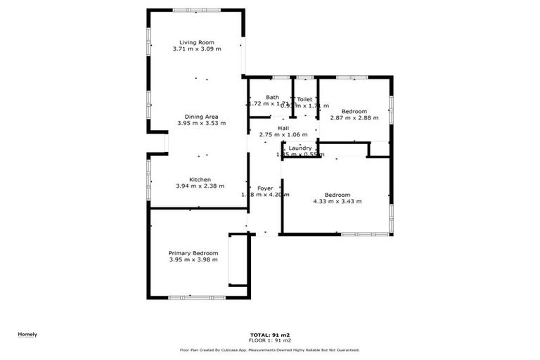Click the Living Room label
point(197,42)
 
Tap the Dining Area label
point(202,116)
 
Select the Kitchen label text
point(200,179)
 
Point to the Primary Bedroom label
point(193,252)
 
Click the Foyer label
point(265,188)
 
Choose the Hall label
point(283,127)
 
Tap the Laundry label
point(300,148)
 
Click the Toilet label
point(304,99)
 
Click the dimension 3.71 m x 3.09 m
point(197,49)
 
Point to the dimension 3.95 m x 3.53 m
point(202,123)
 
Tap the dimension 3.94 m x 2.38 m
point(200,186)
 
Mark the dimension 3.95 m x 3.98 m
point(193,259)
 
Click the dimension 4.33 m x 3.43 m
point(337,201)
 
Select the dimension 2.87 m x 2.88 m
point(354,118)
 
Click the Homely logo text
point(27,334)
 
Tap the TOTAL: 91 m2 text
point(271,335)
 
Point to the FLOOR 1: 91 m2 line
point(271,340)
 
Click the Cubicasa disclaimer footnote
point(270,349)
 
